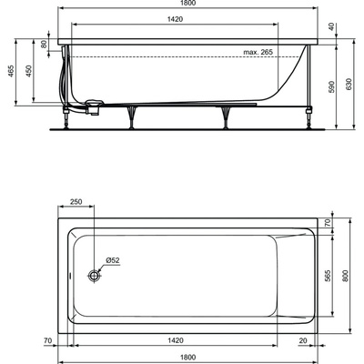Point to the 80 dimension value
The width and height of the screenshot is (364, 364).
point(45,43)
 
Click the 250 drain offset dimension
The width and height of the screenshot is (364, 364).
point(76,201)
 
